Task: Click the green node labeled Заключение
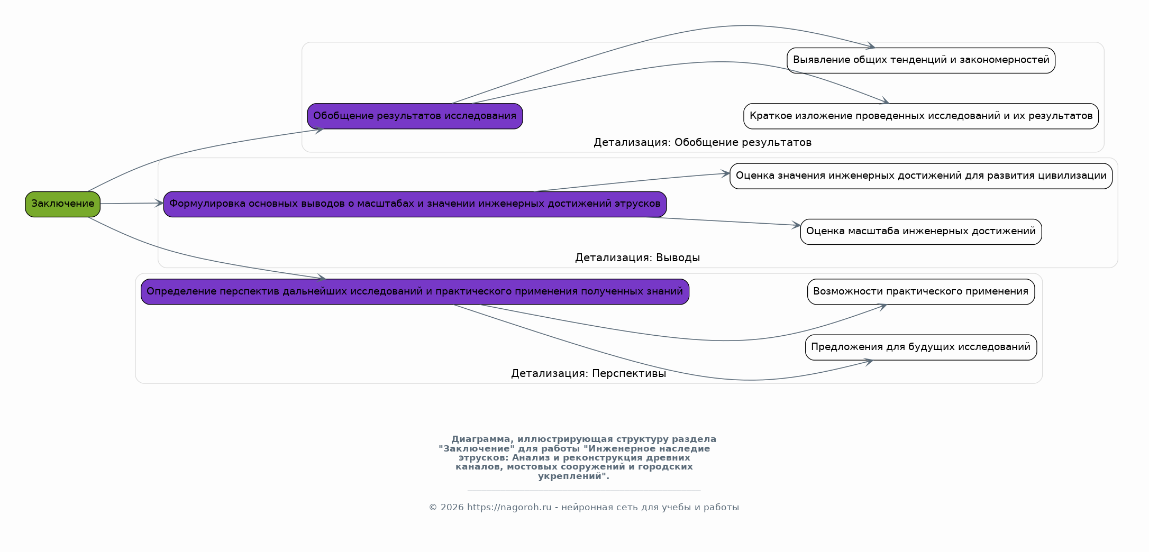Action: pos(62,204)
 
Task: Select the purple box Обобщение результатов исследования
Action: pos(415,116)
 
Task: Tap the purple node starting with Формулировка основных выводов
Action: pos(415,204)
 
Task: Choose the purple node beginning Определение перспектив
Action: pos(415,292)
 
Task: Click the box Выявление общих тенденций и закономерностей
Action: pos(921,60)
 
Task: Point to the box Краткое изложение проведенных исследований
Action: pos(921,116)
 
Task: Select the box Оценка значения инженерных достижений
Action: pos(921,176)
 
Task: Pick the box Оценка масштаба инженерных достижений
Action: pos(921,232)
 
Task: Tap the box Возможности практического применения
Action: pos(921,292)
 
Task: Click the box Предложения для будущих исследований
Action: pos(921,347)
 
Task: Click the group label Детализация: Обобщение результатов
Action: pos(703,143)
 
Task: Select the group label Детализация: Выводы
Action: pos(637,258)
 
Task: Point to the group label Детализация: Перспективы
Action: pos(588,374)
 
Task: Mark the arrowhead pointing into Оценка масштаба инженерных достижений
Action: pos(796,225)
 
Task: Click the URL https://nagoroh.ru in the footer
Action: pos(509,508)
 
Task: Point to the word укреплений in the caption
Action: pos(572,476)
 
